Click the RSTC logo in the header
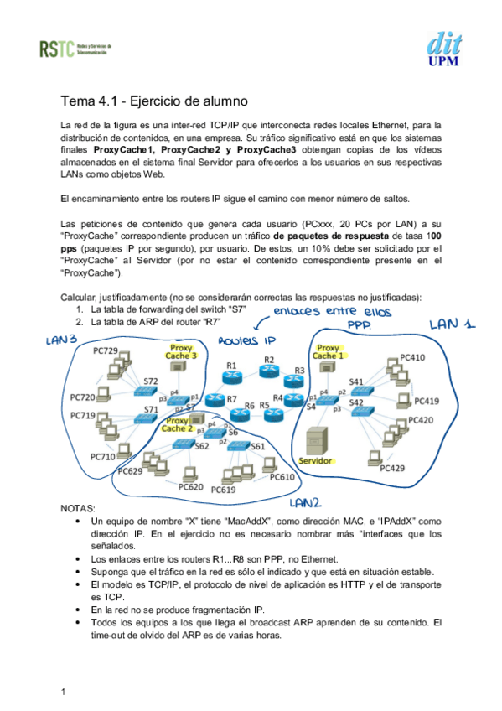pyautogui.click(x=74, y=49)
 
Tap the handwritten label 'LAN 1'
pyautogui.click(x=453, y=324)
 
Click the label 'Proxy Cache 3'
pyautogui.click(x=183, y=350)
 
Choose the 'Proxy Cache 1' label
pyautogui.click(x=329, y=352)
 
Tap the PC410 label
pyautogui.click(x=412, y=357)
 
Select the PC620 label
pyautogui.click(x=191, y=486)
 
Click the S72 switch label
pyautogui.click(x=151, y=381)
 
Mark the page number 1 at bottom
pyautogui.click(x=64, y=691)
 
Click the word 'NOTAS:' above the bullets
pyautogui.click(x=79, y=508)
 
